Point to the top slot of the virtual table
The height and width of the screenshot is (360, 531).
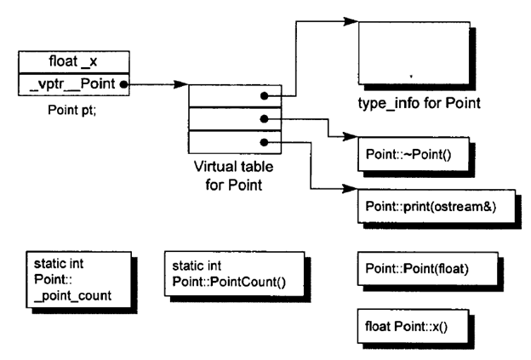pos(230,96)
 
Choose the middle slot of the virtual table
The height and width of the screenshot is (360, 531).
pos(230,119)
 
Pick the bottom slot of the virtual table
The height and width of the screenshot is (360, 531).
pos(230,142)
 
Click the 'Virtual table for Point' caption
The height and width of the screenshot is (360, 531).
pos(228,176)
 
